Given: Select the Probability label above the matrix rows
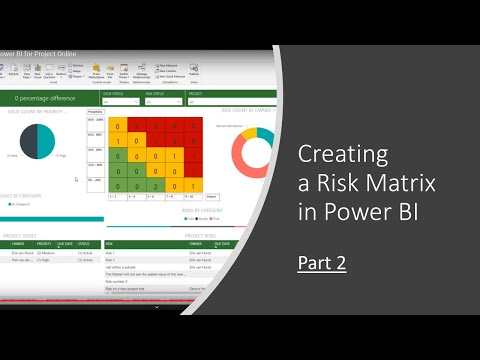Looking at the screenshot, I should point(94,112).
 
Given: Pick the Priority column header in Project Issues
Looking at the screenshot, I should point(45,243).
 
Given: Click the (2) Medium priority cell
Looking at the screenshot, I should point(46,252).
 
